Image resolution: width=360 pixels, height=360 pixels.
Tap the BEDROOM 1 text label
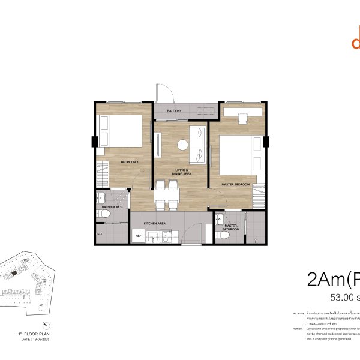(x=130, y=163)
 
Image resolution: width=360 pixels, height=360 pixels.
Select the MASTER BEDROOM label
(x=235, y=184)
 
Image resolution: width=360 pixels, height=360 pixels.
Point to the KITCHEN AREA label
(x=154, y=224)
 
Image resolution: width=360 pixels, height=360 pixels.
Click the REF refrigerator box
(x=138, y=236)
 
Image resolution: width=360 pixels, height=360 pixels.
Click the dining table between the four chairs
(x=166, y=193)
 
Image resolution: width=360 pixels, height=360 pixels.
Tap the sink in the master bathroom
(x=220, y=219)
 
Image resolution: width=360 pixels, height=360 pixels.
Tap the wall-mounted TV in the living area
(x=157, y=145)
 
